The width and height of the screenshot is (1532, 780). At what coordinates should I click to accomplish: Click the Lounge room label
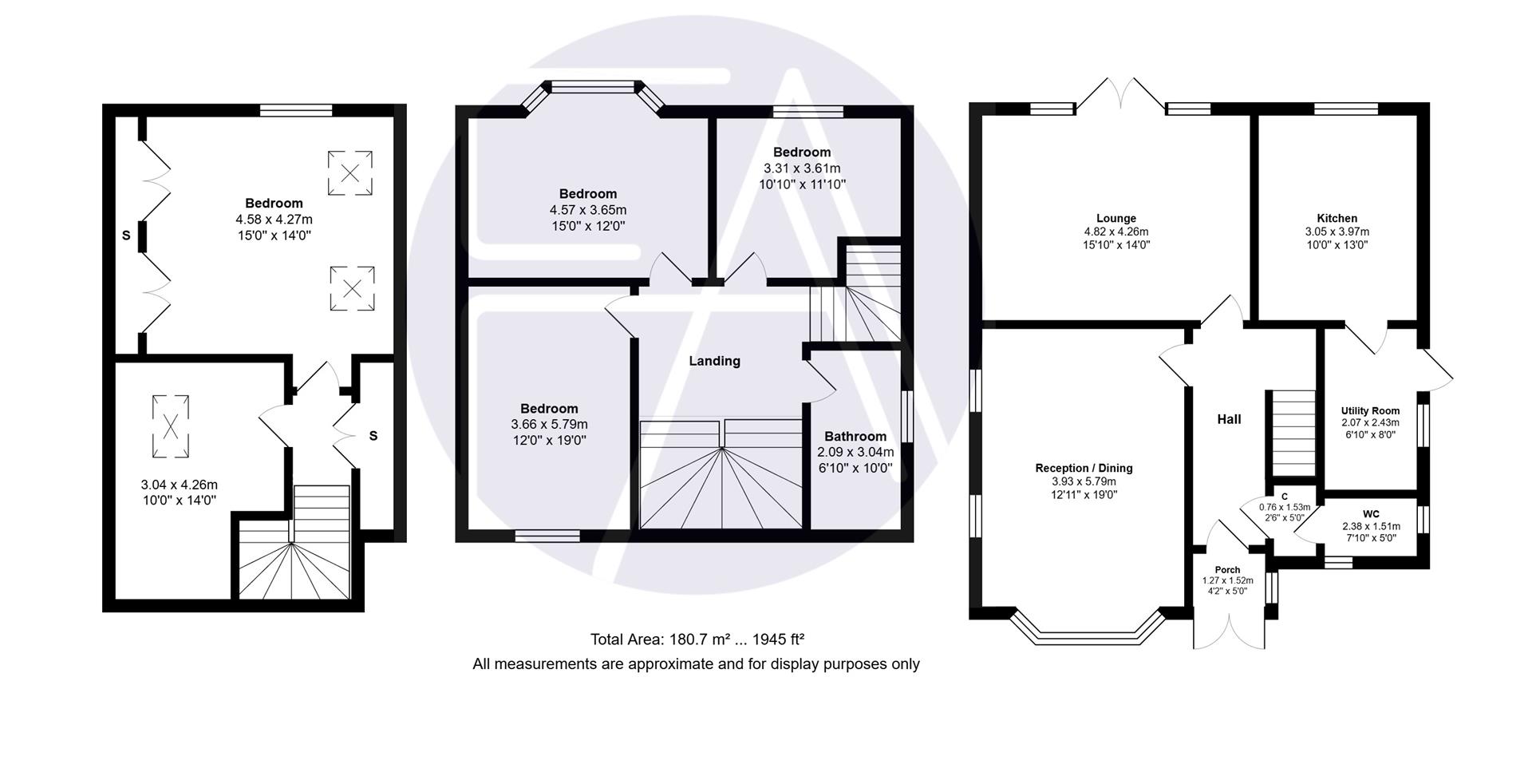(1115, 218)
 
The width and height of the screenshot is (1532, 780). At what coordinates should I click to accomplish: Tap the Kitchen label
(1337, 218)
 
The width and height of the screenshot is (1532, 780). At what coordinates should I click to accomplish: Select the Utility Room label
(1370, 410)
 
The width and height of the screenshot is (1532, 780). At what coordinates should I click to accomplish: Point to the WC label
(1371, 513)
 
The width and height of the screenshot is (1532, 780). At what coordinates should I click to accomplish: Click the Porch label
(1227, 569)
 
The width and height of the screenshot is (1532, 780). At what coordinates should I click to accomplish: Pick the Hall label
(1229, 419)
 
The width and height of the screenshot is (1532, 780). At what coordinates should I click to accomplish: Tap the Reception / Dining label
(1084, 468)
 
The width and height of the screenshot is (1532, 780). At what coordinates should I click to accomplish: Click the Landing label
(714, 361)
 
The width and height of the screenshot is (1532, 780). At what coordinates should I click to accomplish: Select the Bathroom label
(855, 436)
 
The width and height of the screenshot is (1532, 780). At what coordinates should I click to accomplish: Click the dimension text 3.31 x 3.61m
(802, 168)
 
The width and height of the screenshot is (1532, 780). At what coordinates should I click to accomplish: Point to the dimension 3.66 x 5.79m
(549, 424)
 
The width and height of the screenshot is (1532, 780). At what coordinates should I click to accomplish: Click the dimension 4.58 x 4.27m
(274, 219)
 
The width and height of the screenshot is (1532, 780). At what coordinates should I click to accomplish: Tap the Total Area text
(697, 639)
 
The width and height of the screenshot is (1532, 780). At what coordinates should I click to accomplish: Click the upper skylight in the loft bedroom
(349, 172)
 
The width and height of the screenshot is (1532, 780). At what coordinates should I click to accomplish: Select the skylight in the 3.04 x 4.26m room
(171, 426)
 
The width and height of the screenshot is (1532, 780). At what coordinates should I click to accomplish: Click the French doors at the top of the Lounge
(1120, 96)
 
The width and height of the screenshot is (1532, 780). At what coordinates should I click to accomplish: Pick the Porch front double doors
(1229, 631)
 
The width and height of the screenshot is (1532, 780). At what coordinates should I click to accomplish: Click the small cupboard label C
(1285, 496)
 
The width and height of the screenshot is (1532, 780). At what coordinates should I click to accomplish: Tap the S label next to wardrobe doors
(126, 236)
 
